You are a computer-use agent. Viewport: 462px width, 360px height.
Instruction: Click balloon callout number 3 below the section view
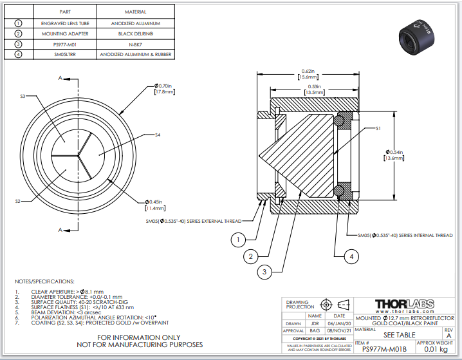(263, 272)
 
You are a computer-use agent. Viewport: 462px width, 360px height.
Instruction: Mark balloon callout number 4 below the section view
(350, 257)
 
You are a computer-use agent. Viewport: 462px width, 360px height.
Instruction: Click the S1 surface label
(379, 129)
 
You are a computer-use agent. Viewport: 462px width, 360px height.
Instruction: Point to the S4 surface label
(157, 135)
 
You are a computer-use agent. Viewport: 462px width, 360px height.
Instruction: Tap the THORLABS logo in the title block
(404, 303)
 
